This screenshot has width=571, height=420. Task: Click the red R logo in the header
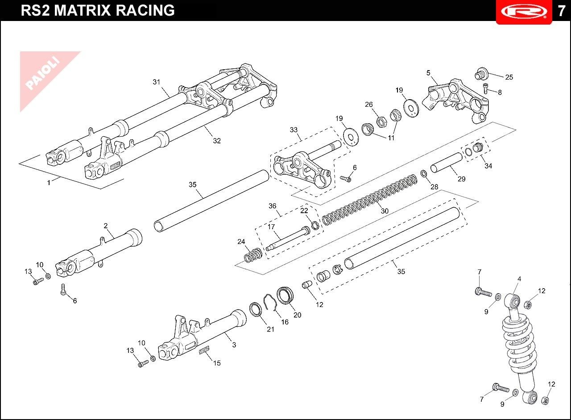pos(524,12)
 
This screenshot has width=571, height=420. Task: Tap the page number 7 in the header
pos(561,11)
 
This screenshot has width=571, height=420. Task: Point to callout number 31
pos(156,82)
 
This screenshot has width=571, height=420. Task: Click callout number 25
pos(509,77)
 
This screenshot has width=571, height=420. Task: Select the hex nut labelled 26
pos(381,122)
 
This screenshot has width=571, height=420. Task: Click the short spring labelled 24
pos(253,255)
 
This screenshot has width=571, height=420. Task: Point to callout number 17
pos(271,227)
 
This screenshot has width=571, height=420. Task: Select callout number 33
pos(294,130)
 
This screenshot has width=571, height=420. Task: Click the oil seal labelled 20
pos(285,296)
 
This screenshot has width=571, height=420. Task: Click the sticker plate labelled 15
pos(204,350)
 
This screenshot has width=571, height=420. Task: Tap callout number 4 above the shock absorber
pos(519,279)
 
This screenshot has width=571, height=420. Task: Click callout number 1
pos(49,183)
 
